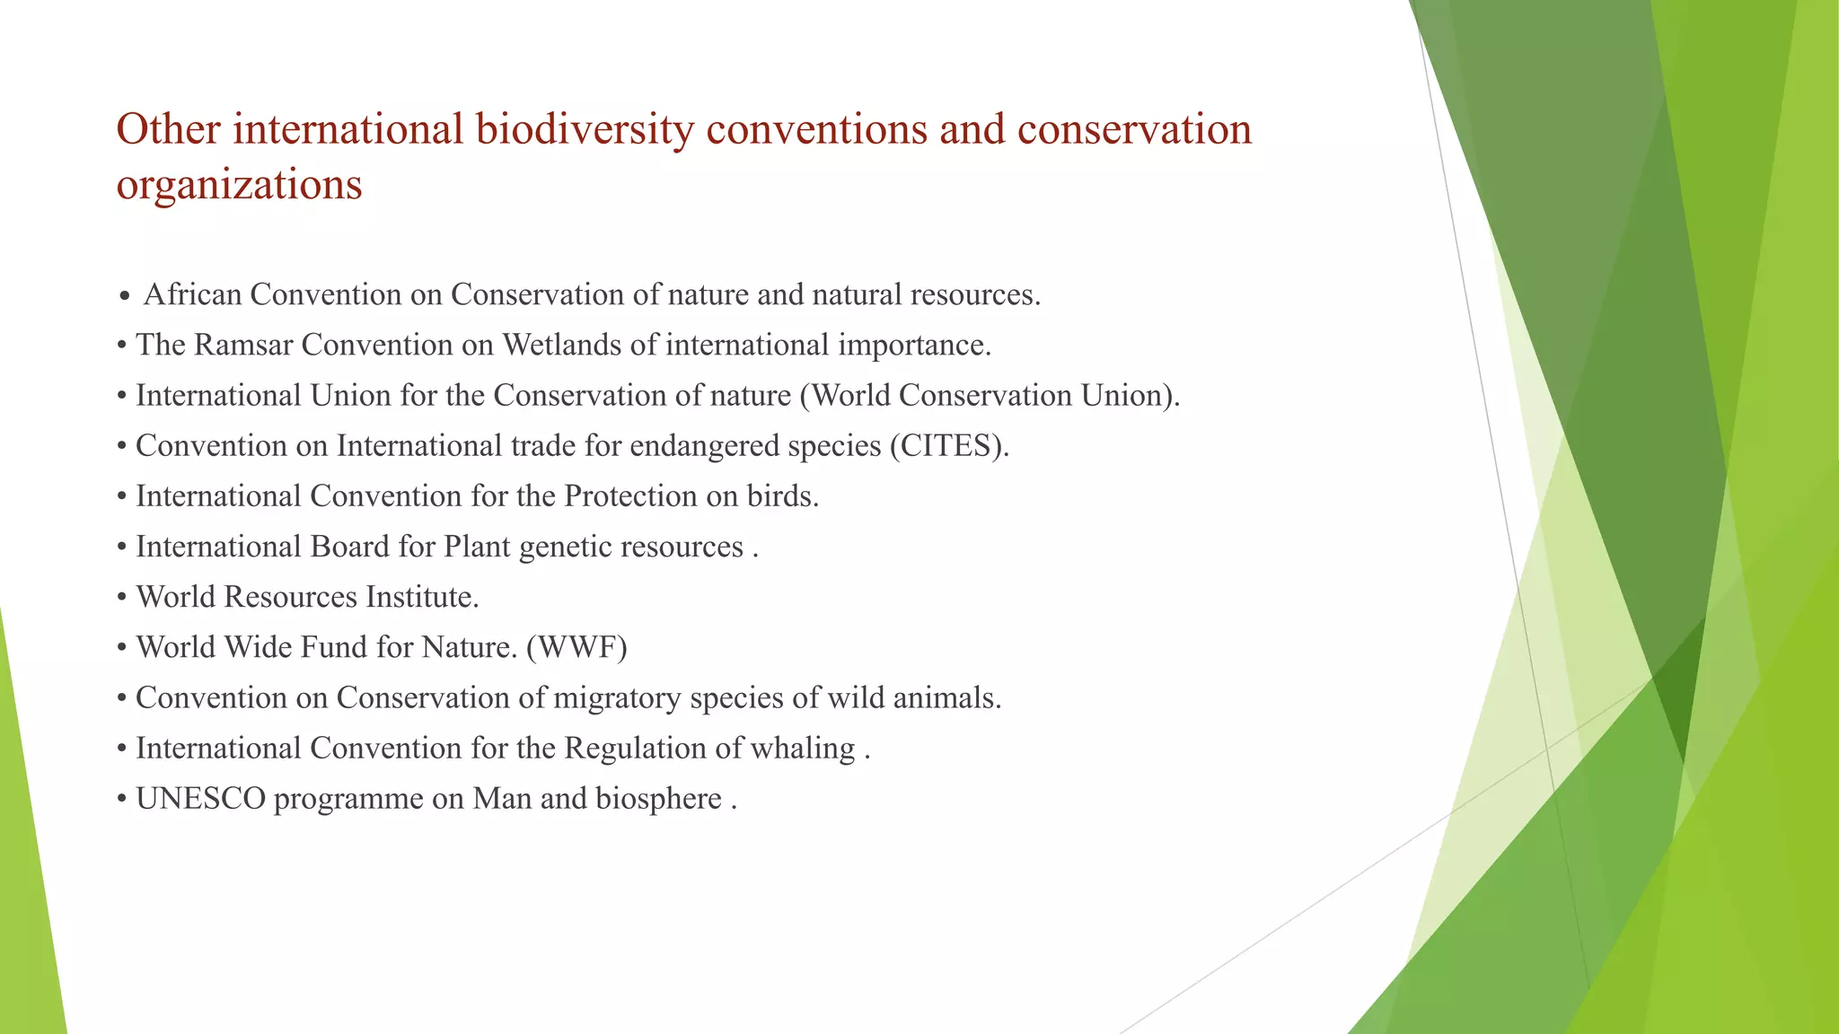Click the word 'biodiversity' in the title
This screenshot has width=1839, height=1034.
pyautogui.click(x=585, y=130)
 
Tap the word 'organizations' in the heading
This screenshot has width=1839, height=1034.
pyautogui.click(x=240, y=186)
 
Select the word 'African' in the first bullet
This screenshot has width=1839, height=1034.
pyautogui.click(x=192, y=294)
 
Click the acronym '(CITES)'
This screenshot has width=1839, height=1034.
pyautogui.click(x=949, y=446)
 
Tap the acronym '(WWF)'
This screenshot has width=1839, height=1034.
pyautogui.click(x=576, y=647)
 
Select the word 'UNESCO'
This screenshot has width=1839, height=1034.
pyautogui.click(x=201, y=799)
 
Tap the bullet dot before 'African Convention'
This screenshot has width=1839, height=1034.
pyautogui.click(x=125, y=296)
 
